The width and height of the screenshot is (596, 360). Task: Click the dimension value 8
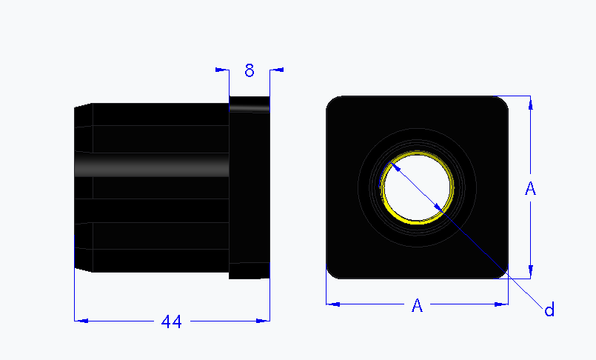pyautogui.click(x=250, y=70)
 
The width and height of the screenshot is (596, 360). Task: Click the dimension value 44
pyautogui.click(x=172, y=321)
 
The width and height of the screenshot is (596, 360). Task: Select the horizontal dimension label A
pyautogui.click(x=418, y=305)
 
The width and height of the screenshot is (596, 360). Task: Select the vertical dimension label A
pyautogui.click(x=530, y=189)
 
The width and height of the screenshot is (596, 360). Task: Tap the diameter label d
pyautogui.click(x=549, y=310)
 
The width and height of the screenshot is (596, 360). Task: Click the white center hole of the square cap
pyautogui.click(x=417, y=187)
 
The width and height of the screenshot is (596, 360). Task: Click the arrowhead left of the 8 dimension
pyautogui.click(x=220, y=70)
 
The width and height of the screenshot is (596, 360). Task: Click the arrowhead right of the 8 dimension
pyautogui.click(x=278, y=70)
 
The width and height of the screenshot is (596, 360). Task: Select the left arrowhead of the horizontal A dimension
pyautogui.click(x=333, y=304)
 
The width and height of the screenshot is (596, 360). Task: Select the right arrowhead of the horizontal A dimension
pyautogui.click(x=502, y=304)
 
